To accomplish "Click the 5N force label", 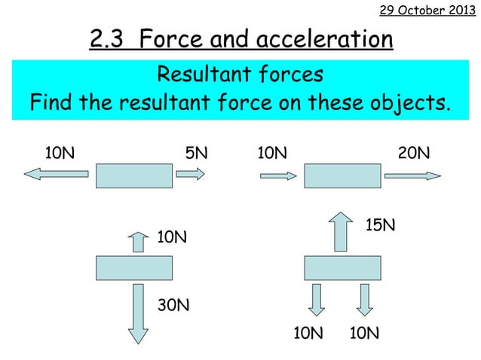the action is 196,154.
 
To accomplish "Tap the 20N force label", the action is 414,154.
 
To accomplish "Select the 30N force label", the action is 173,305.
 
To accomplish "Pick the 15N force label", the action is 381,225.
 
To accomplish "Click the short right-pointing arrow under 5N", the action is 190,175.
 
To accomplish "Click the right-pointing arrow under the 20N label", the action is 412,175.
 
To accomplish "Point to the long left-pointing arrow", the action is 57,175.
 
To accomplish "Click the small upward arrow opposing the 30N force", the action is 136,243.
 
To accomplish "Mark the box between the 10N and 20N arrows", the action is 342,175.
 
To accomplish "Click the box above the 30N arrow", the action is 134,268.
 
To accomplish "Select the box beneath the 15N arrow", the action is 342,268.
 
